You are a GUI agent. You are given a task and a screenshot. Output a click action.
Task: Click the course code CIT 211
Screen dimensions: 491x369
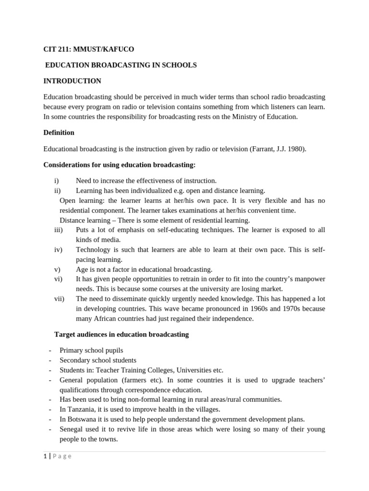pos(56,49)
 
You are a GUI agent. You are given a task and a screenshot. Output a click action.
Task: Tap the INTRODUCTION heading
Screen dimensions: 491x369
pos(72,81)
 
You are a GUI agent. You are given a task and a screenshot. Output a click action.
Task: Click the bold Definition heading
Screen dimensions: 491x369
pos(59,132)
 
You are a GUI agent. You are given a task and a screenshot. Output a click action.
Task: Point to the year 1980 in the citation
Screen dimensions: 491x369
pos(295,149)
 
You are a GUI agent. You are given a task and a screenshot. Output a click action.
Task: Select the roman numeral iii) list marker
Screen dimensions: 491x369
pos(59,230)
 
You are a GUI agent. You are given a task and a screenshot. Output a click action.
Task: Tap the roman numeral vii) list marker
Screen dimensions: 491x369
pos(59,299)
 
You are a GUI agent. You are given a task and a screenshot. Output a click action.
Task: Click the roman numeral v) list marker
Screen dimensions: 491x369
pos(57,269)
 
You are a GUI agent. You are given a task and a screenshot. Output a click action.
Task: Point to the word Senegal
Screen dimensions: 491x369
pos(71,429)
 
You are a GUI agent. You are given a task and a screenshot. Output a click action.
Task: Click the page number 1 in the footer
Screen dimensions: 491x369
pos(45,456)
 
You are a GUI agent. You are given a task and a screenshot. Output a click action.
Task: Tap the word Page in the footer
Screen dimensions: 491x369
pos(62,456)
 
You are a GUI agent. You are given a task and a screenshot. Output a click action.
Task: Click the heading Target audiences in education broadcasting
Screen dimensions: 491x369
pos(122,334)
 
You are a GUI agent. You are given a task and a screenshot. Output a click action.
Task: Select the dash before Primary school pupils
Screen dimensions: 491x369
pos(50,351)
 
